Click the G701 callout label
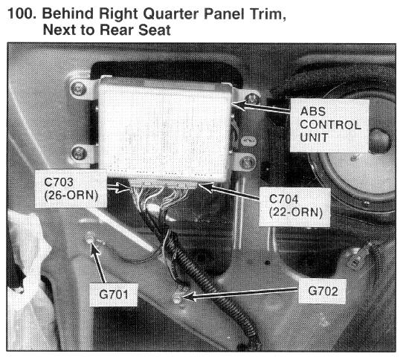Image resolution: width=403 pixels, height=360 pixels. (x=113, y=295)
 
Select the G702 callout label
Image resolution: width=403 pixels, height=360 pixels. (x=322, y=292)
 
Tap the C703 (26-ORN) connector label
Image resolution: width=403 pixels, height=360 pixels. (x=71, y=189)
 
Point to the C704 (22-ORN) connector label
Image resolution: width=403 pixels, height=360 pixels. (x=294, y=207)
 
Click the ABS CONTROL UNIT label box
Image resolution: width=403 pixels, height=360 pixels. (x=329, y=126)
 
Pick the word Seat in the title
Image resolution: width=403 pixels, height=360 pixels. (x=155, y=30)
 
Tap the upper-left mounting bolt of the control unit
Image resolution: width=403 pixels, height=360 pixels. (x=78, y=89)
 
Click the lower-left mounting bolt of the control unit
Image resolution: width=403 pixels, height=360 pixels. (x=78, y=153)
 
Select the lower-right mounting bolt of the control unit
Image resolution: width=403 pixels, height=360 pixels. (x=248, y=162)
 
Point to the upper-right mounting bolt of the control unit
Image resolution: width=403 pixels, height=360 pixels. (x=252, y=99)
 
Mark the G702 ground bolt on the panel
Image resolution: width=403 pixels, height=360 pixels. (x=178, y=298)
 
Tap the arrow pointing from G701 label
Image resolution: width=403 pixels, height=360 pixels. (x=98, y=262)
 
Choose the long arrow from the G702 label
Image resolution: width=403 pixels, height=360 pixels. (x=239, y=294)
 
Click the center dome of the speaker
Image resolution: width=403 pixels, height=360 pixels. (x=380, y=141)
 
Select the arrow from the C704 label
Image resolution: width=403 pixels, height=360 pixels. (x=229, y=191)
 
